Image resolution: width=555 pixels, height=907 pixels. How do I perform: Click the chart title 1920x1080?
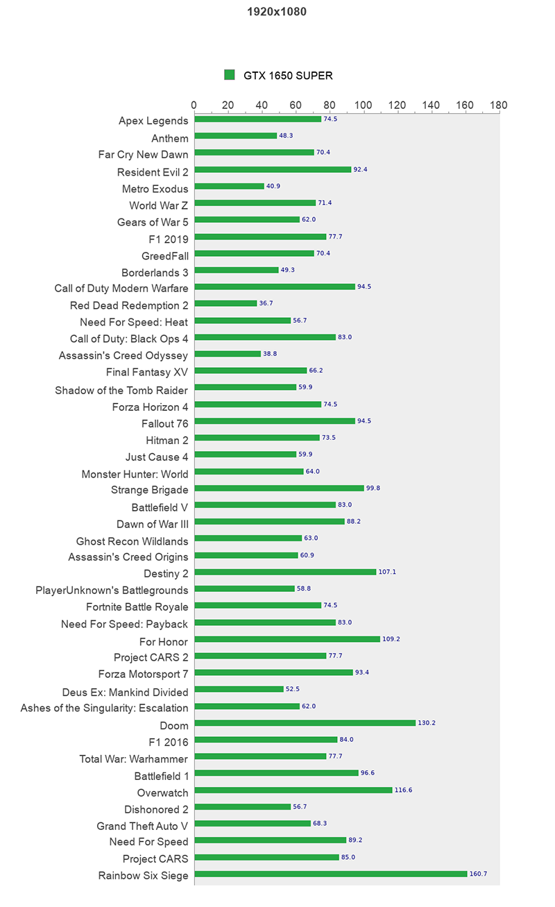tap(277, 12)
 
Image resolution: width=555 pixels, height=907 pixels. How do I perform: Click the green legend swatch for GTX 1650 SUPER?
tap(230, 75)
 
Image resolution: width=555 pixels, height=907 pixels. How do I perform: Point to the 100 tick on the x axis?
tap(364, 105)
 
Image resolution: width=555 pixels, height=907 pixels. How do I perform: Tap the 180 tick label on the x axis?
tap(498, 105)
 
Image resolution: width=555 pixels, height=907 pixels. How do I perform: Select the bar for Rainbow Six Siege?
tap(331, 874)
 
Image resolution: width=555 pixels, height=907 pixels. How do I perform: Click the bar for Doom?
tap(305, 723)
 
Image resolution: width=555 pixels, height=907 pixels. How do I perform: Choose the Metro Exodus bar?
tap(229, 186)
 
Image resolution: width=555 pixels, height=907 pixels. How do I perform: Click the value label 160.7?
tap(478, 874)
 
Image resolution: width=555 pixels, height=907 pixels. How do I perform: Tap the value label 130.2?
tap(427, 723)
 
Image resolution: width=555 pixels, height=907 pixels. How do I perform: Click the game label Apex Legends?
tap(153, 121)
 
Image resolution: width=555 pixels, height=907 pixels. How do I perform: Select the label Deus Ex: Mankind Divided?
tap(125, 692)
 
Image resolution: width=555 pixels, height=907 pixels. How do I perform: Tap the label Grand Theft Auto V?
tap(142, 826)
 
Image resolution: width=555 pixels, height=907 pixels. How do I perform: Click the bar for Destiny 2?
tap(285, 572)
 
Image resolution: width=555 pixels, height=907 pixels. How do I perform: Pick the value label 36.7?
tap(266, 303)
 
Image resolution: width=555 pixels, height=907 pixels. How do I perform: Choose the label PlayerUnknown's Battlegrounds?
tap(112, 591)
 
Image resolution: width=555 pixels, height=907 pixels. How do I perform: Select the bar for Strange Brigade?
tap(279, 488)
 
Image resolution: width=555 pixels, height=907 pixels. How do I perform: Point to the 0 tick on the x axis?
tap(194, 105)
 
